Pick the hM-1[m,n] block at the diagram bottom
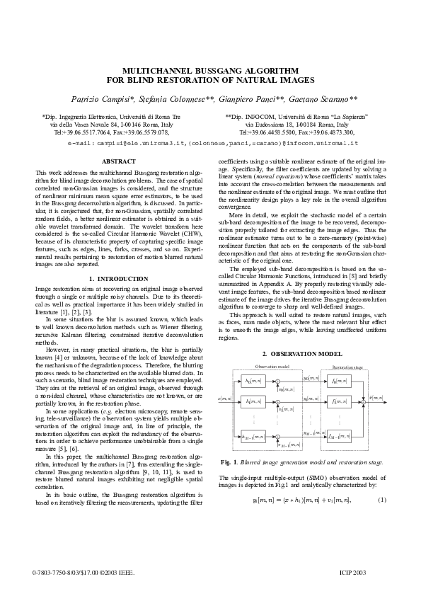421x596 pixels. pyautogui.click(x=252, y=437)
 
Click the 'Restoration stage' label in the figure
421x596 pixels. pyautogui.click(x=347, y=367)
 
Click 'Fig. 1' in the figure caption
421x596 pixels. pyautogui.click(x=228, y=462)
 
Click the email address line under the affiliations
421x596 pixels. pyautogui.click(x=210, y=142)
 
